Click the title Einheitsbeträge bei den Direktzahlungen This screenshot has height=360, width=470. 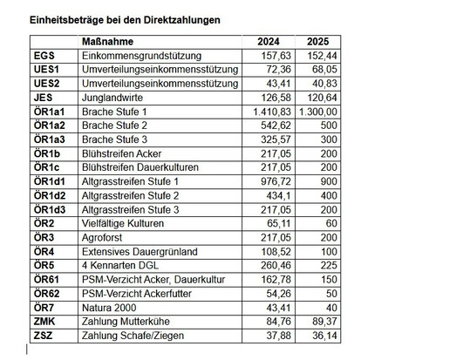tap(125, 18)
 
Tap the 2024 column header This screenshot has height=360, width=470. tap(271, 42)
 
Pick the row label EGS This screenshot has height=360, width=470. tap(44, 55)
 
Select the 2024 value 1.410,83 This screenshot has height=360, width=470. tap(267, 112)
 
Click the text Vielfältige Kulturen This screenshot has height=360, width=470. tap(124, 223)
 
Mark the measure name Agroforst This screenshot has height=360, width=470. tap(104, 237)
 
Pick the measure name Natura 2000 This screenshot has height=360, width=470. tap(111, 307)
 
